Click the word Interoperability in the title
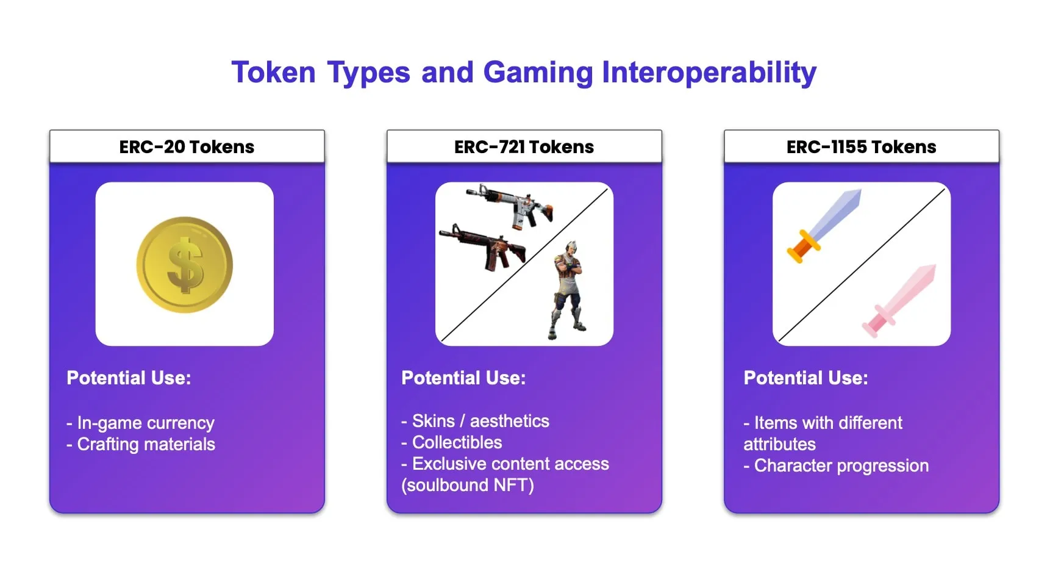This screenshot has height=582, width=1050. point(709,73)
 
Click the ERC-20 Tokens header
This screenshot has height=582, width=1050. point(187,147)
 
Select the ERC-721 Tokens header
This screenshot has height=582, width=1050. point(524,147)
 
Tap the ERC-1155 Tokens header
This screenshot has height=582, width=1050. point(861,147)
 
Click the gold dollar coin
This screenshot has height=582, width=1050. point(184,265)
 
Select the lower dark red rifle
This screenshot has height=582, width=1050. point(485,246)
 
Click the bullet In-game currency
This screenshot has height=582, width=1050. point(141,423)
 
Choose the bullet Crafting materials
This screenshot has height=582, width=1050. point(141,444)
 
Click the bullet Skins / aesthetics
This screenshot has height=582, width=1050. point(476,421)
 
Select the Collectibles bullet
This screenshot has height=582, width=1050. point(452,442)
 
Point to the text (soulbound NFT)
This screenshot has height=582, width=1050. point(468,485)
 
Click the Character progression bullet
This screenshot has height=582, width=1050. point(836,465)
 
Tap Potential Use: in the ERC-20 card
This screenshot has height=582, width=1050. point(129,378)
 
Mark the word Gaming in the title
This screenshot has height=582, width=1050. point(538,73)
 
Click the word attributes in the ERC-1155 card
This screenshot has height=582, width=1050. point(779,444)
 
